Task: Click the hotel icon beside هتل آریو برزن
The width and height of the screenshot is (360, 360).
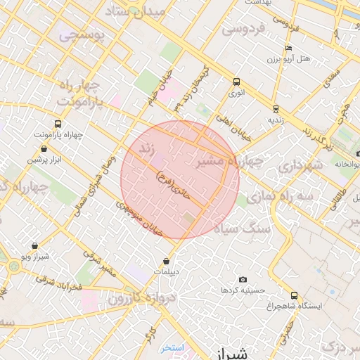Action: coord(289,48)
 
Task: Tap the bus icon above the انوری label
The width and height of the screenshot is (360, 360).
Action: coord(236,81)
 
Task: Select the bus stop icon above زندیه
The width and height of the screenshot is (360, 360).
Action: coord(275,109)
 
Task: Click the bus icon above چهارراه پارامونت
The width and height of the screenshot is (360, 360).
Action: coord(57,122)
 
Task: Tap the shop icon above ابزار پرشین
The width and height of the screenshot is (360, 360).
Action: coord(45,148)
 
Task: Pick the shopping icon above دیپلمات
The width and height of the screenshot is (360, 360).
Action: coord(167,261)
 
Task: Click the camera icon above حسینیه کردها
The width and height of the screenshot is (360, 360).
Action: coord(243,279)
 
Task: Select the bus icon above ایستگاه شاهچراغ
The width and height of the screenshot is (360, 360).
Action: coord(294,295)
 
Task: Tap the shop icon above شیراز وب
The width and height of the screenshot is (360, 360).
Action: coord(35,245)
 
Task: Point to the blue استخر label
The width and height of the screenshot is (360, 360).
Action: coord(171,347)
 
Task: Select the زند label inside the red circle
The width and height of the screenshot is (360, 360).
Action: coord(147,149)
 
